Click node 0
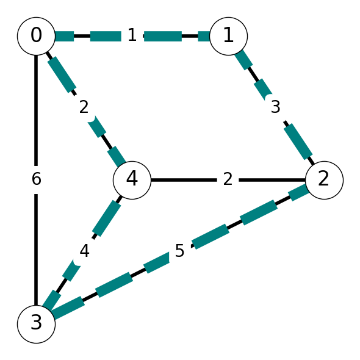pos(36,36)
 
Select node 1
pos(228,36)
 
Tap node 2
pos(324,180)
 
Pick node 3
pos(36,324)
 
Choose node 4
pos(132,180)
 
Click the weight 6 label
pos(36,179)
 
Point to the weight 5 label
pos(179,251)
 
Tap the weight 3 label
pos(276,107)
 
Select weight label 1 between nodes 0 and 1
pos(132,35)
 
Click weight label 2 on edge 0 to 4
pos(84,107)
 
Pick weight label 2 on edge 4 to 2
pos(228,179)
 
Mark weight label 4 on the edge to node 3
pos(84,251)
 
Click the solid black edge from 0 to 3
pos(36,180)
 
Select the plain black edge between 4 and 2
pos(228,180)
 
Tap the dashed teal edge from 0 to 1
pos(132,36)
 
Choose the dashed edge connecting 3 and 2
pos(180,252)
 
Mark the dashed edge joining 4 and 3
pos(84,252)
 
